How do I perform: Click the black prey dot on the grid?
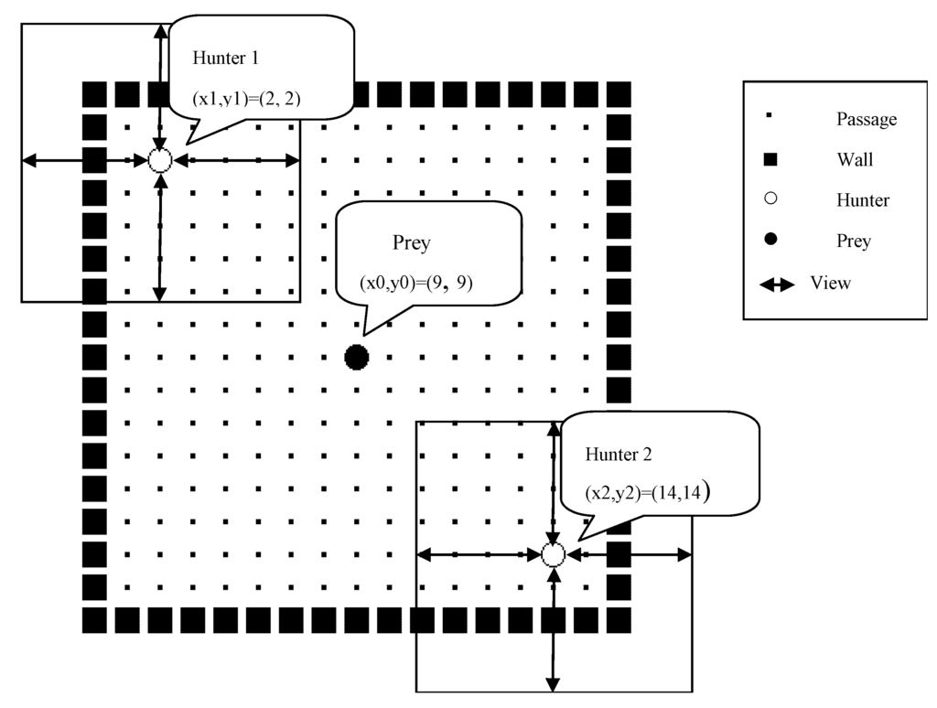(x=357, y=358)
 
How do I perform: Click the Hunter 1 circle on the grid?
(x=160, y=161)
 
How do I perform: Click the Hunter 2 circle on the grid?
(x=553, y=554)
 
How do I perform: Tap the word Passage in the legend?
(x=866, y=119)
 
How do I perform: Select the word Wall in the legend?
(x=855, y=160)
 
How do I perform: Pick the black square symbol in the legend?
(x=770, y=160)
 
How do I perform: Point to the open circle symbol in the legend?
(x=770, y=199)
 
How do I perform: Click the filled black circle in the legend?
(x=770, y=241)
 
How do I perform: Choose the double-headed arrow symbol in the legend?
(x=777, y=284)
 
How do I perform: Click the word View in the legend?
(x=830, y=283)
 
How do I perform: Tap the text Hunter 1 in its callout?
(x=226, y=58)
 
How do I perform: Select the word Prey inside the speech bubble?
(x=411, y=243)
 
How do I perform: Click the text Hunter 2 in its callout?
(x=619, y=454)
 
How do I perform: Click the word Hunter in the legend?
(x=862, y=200)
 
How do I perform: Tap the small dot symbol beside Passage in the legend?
(x=770, y=117)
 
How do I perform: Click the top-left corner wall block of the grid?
(x=94, y=94)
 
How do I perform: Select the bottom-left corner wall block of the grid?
(x=94, y=620)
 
